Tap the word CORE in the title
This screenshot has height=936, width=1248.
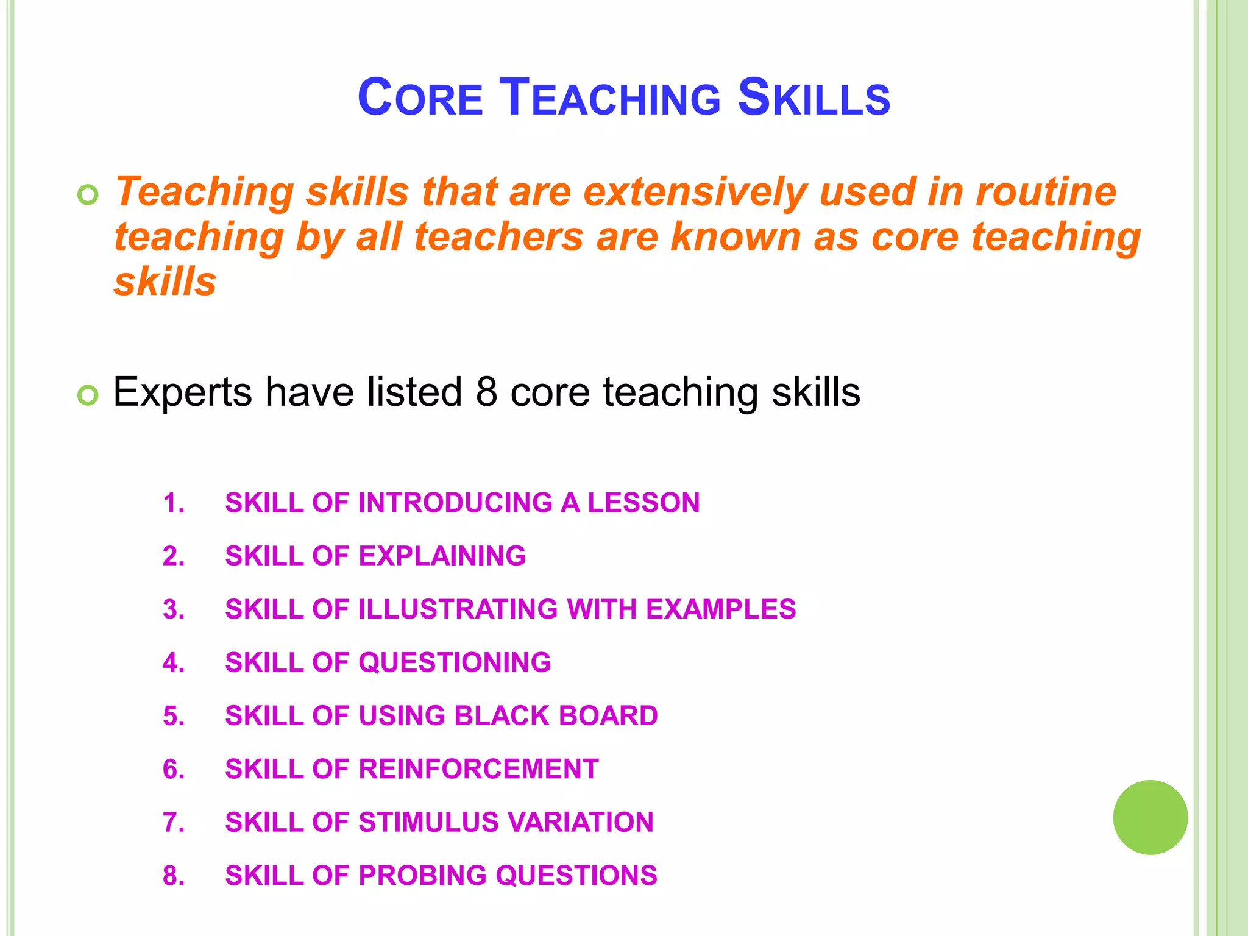coord(420,97)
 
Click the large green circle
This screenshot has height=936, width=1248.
coord(1150,817)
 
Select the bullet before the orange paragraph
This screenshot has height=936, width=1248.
coord(88,195)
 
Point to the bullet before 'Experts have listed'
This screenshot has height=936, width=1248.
coord(88,395)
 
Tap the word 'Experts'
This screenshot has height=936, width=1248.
coord(182,392)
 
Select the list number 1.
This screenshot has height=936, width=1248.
coord(173,503)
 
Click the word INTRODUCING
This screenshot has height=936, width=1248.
coord(455,503)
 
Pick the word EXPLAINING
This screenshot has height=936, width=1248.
coord(442,556)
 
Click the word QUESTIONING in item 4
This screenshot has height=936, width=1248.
coord(455,663)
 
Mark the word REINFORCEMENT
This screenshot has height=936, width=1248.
coord(478,769)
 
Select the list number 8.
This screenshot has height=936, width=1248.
coord(173,876)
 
